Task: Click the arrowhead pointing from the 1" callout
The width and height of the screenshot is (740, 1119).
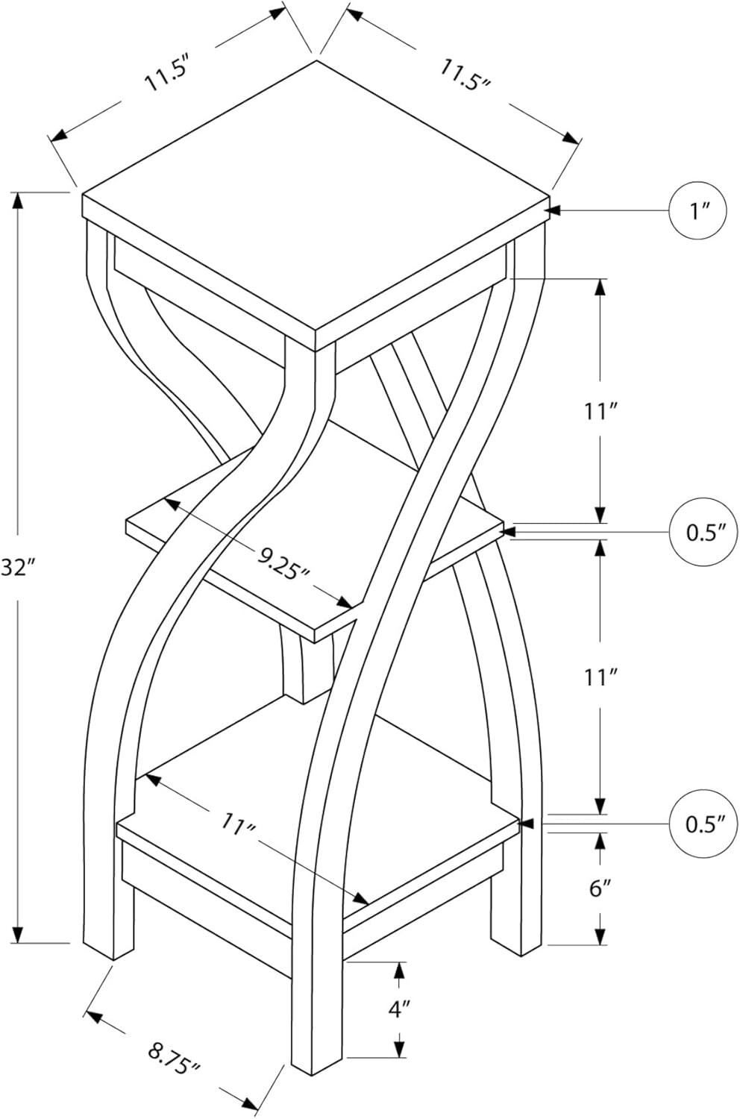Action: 552,210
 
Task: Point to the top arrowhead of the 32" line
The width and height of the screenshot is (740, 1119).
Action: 18,201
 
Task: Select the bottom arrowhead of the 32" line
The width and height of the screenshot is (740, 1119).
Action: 18,933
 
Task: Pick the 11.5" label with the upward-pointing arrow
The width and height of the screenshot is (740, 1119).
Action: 166,76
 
